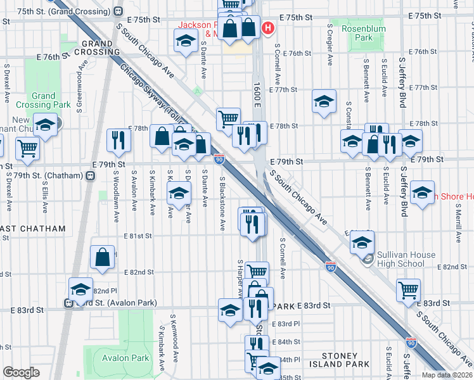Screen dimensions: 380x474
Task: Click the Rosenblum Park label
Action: [357, 33]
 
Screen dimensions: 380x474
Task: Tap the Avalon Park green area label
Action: [126, 358]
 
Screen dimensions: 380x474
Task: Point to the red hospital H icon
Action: [268, 28]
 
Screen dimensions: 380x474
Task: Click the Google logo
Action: [21, 372]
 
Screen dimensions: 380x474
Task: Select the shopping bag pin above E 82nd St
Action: [103, 257]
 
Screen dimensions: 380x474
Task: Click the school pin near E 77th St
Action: [323, 102]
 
